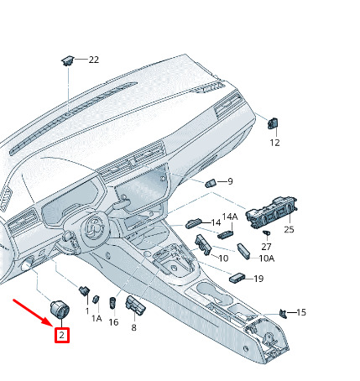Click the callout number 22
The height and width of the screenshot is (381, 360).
click(x=94, y=60)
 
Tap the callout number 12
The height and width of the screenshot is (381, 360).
click(x=274, y=143)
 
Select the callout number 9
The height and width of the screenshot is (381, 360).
click(x=230, y=181)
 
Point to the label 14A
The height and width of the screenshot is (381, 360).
click(x=230, y=217)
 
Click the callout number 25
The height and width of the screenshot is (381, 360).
click(x=289, y=230)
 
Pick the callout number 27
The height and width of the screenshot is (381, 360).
click(x=266, y=247)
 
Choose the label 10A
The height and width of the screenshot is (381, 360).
click(x=267, y=258)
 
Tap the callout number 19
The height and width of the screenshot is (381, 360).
click(x=258, y=279)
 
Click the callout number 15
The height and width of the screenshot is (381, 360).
click(x=301, y=312)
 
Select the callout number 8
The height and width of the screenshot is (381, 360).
click(x=133, y=327)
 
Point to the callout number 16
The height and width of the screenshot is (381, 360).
click(x=113, y=322)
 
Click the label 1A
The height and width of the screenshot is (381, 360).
click(x=97, y=318)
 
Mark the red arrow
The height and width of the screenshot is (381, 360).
click(x=33, y=312)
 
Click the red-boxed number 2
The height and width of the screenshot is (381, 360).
click(x=62, y=335)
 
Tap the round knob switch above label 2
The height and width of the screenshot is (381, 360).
click(x=60, y=310)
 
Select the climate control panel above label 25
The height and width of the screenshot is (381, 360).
click(x=271, y=212)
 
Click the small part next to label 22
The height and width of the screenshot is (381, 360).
click(x=67, y=60)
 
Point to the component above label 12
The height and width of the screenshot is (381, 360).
click(x=273, y=123)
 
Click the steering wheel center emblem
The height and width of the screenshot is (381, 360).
click(x=96, y=225)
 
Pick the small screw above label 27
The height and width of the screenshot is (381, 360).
click(x=267, y=232)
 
